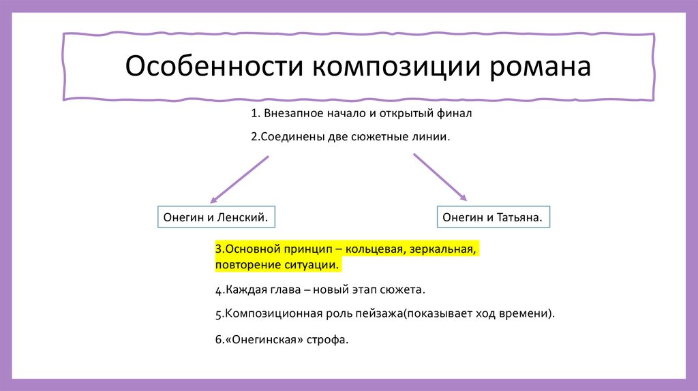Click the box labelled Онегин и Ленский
tap(215, 217)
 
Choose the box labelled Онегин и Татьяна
tap(492, 217)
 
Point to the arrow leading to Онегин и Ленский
tap(239, 179)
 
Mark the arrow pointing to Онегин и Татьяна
tap(440, 176)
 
